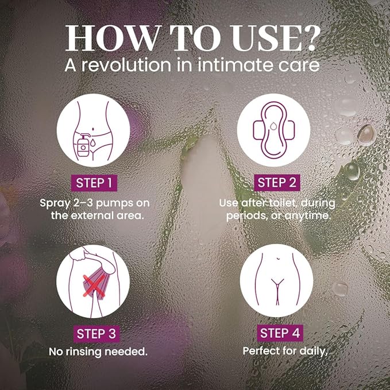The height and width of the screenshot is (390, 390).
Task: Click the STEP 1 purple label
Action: (x=94, y=183)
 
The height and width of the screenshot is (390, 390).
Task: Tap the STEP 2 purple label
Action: (x=277, y=183)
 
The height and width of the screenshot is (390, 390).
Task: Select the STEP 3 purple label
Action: (x=96, y=334)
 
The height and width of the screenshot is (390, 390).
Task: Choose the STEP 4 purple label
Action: (x=280, y=333)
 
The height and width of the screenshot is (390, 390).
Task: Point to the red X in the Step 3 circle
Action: (x=94, y=286)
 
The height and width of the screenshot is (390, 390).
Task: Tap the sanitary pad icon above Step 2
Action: (x=273, y=130)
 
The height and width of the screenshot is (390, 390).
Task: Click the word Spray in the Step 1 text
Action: (x=55, y=204)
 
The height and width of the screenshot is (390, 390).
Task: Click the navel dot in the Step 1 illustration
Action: (x=93, y=129)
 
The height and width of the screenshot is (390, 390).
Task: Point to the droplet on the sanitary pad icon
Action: (x=273, y=126)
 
